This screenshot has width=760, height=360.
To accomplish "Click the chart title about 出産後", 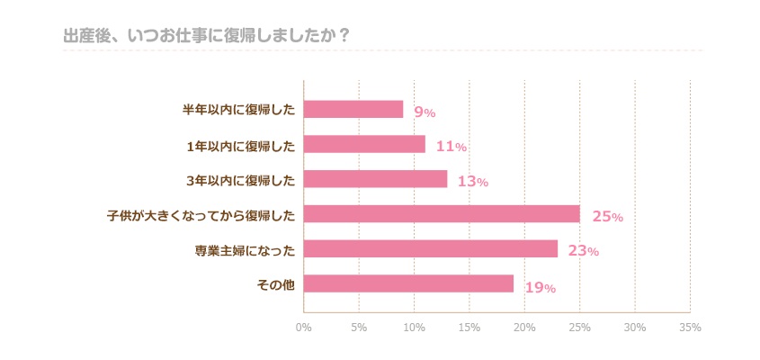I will coord(206,35).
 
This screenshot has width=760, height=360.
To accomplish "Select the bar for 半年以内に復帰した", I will coord(353,109).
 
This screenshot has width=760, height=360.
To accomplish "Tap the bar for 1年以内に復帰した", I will coord(364,144).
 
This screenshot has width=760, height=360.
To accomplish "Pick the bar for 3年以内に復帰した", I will coord(375,179).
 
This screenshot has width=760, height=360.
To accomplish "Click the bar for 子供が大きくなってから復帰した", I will coord(442,214).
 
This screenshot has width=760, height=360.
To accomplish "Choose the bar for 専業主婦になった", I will coord(431,249).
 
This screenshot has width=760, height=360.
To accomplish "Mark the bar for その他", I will coord(408,284).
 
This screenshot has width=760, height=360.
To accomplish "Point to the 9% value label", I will coord(425,112).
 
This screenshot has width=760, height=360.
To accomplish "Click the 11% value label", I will coord(451,147).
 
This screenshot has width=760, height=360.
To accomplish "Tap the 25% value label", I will coord(607,217).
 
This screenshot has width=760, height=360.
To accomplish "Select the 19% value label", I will coord(540,288).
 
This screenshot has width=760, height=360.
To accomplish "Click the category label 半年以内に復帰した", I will coord(238,110).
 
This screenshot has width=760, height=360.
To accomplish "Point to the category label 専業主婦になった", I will coord(245,250).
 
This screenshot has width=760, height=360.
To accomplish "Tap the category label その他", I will coord(276,285).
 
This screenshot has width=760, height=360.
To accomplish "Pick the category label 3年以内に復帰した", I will coord(240,180).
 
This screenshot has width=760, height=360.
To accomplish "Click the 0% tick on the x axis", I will coord(304,328).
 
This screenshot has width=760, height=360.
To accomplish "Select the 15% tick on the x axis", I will coord(469,328).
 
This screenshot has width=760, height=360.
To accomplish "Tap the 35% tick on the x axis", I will coord(690,328).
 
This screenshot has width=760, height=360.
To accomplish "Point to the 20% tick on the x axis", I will coord(524,328).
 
